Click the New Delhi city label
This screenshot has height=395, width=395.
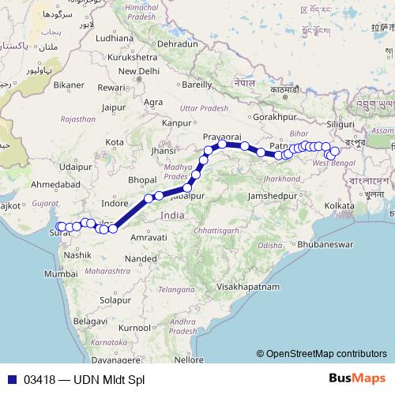(x=141, y=70)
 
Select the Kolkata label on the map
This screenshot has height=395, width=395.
(x=339, y=205)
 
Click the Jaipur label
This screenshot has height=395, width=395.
(x=115, y=107)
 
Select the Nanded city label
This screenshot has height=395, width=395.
(x=141, y=258)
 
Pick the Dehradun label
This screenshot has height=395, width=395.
(x=177, y=44)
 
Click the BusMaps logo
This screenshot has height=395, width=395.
(x=357, y=379)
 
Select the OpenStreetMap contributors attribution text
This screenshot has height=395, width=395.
(x=326, y=354)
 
